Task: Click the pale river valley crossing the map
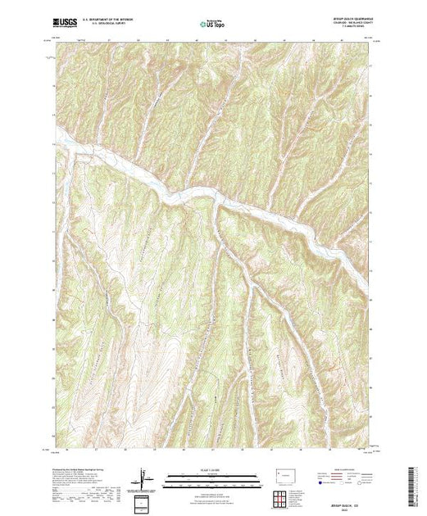click(205, 197)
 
